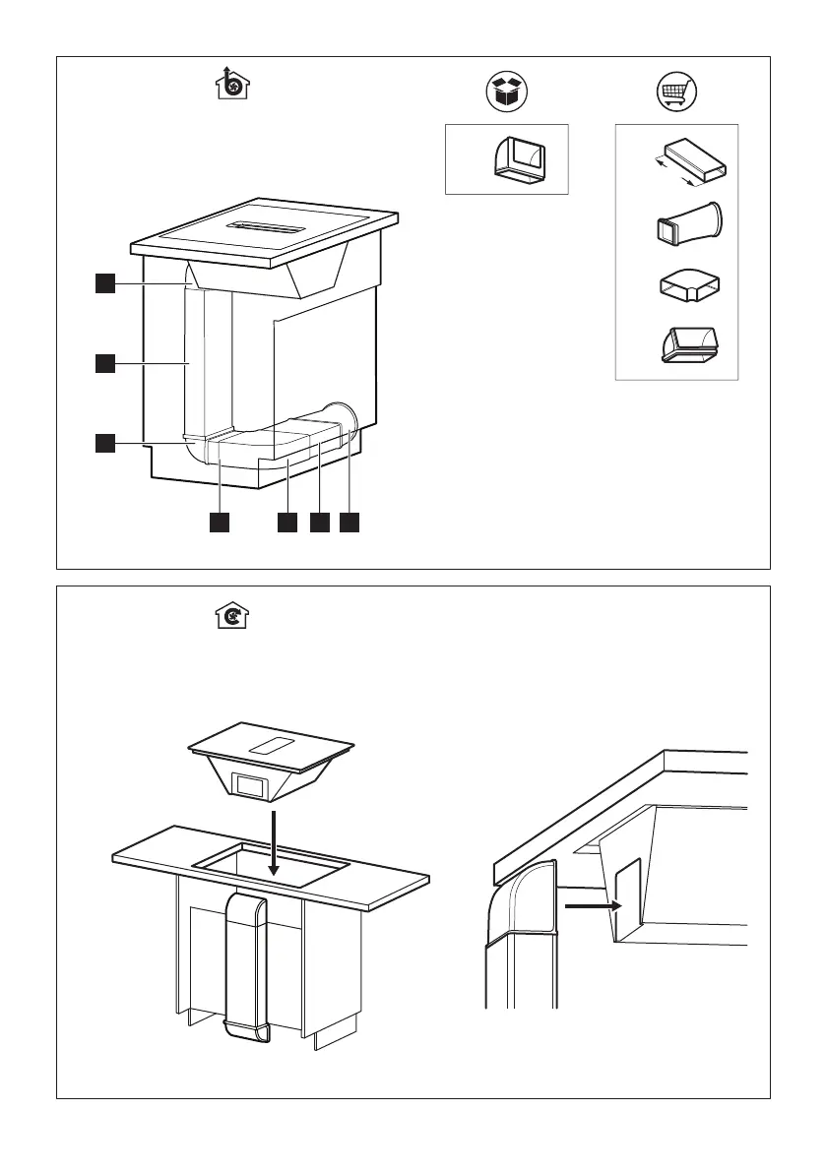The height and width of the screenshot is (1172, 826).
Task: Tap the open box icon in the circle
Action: (508, 93)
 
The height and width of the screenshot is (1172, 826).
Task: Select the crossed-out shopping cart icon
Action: (676, 93)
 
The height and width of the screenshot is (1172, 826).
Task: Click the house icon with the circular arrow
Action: (232, 617)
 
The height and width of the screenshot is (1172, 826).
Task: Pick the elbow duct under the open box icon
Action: (520, 159)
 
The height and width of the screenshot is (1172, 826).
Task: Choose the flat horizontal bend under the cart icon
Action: (689, 286)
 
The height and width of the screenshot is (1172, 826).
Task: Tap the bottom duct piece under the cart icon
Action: (689, 343)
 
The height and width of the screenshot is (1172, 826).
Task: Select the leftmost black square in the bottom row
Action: (219, 523)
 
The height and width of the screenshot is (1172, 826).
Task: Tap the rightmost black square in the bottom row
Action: (350, 523)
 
